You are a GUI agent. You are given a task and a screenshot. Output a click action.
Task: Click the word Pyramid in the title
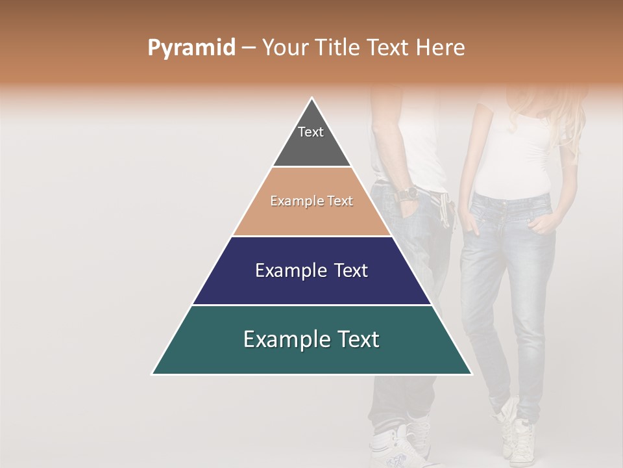click(191, 48)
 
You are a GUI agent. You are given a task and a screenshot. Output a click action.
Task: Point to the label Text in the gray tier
click(311, 132)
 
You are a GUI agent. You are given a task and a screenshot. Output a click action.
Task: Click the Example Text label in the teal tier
click(311, 339)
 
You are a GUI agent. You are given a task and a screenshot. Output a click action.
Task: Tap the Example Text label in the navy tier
click(311, 270)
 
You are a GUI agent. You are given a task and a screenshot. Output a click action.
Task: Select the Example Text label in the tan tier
click(311, 201)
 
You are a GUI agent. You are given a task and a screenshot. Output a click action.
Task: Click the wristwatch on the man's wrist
click(408, 194)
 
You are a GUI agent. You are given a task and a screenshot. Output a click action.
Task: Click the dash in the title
click(249, 48)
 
